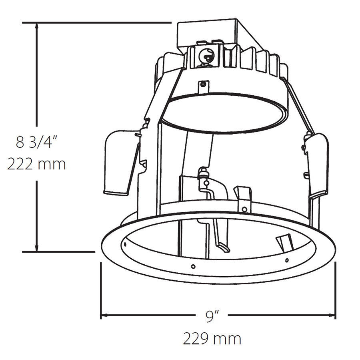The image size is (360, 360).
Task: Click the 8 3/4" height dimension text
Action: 36,142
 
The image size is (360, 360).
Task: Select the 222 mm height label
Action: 36,164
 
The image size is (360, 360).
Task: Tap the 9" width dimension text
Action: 212,316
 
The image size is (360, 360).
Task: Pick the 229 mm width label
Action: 212,338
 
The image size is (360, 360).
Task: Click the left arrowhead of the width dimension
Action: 104,315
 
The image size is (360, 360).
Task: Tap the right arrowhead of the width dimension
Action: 332,315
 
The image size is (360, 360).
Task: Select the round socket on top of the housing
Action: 206,55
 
